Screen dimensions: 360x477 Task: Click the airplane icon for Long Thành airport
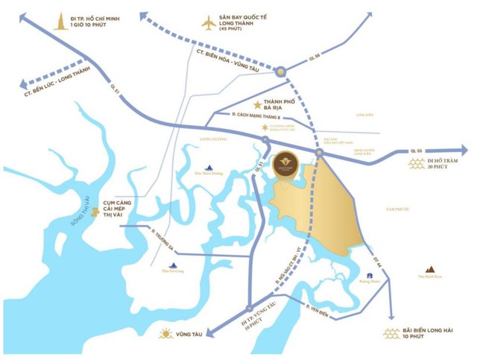[x=209, y=23]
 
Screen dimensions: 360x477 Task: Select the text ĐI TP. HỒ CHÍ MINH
[x=96, y=17]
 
